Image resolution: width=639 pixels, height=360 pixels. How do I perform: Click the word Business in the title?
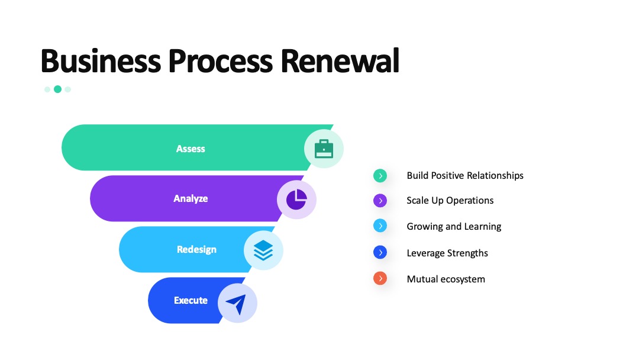[101, 61]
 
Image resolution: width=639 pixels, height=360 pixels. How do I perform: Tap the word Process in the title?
[221, 61]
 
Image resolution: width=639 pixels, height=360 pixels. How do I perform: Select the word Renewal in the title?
[340, 61]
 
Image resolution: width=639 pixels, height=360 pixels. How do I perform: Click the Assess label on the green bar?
[191, 149]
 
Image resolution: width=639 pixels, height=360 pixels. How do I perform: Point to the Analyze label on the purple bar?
[191, 198]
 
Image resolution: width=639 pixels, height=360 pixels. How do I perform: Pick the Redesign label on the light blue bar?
[196, 249]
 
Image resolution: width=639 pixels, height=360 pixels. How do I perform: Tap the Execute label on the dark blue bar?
[191, 300]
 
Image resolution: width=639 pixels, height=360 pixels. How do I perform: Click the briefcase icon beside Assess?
[324, 149]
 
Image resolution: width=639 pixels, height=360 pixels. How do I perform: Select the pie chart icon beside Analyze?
[296, 200]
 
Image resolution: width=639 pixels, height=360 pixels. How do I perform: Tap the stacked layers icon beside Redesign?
[263, 250]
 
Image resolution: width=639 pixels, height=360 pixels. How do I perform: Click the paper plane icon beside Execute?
[236, 304]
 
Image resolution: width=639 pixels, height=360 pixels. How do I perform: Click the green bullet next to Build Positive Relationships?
[380, 176]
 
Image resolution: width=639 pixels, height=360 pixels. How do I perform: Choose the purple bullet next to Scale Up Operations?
[380, 201]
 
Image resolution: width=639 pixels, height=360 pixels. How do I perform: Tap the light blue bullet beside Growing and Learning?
[380, 226]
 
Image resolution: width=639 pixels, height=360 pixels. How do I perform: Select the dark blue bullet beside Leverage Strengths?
[380, 252]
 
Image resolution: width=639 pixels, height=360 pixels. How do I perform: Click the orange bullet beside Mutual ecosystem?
[380, 278]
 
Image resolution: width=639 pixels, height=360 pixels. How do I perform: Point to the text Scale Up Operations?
[450, 201]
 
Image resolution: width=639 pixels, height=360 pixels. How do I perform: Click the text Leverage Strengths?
[447, 253]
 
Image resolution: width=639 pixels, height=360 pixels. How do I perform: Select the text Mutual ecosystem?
[446, 279]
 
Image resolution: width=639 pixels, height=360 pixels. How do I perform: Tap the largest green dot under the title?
[58, 89]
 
